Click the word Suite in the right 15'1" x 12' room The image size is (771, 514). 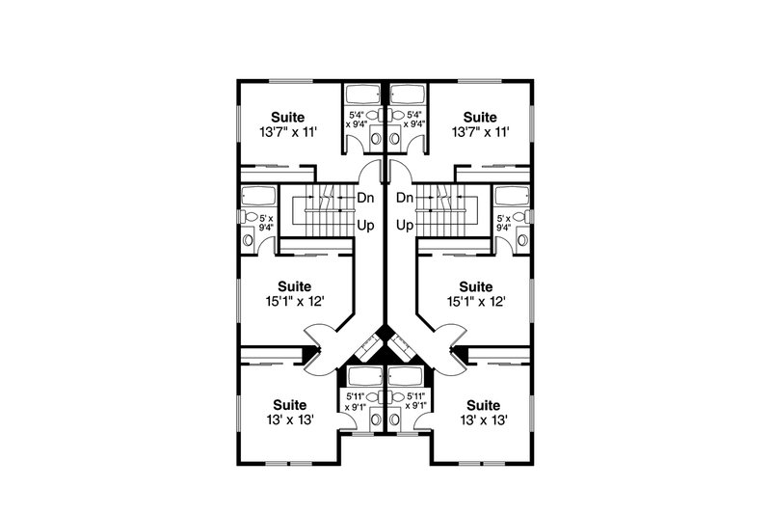click(x=476, y=286)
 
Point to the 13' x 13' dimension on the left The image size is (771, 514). click(x=289, y=419)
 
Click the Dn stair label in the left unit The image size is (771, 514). click(x=365, y=198)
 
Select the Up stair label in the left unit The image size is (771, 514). click(x=365, y=225)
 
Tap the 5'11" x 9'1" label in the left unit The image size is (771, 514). click(x=356, y=400)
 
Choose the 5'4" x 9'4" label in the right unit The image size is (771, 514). click(x=416, y=117)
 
